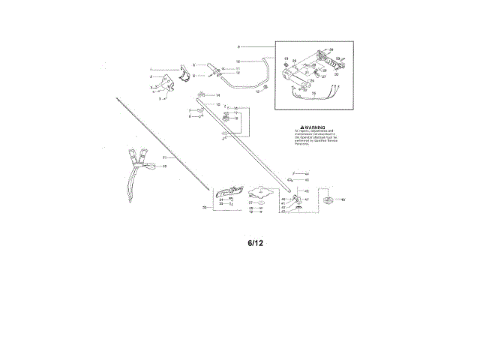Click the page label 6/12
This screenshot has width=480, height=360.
pos(256,243)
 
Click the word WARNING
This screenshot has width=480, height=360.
pos(316,128)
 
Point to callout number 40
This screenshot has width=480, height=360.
pos(343,199)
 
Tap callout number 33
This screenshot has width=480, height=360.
pos(205,207)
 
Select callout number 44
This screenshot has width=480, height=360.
pos(306,174)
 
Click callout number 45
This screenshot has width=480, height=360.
pos(306,181)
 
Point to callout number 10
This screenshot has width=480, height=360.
pos(238,61)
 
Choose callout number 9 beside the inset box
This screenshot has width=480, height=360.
pos(238,46)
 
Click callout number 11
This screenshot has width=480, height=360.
pos(238,68)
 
